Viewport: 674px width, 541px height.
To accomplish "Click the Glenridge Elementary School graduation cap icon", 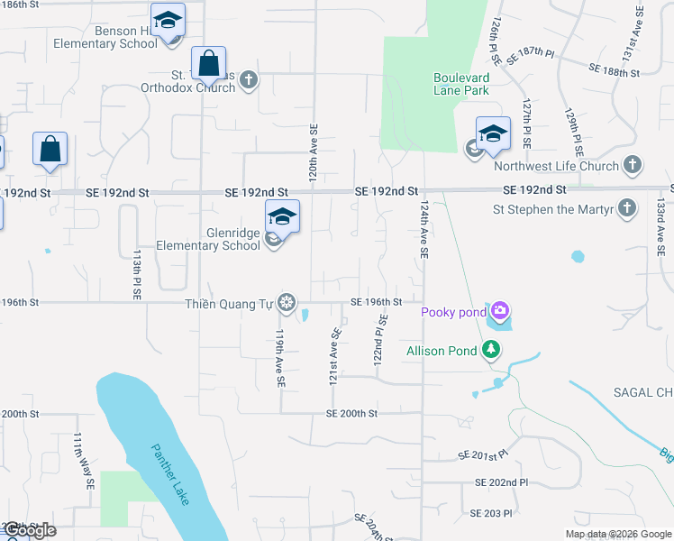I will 282,217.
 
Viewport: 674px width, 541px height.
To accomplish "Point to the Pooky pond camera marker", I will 498,312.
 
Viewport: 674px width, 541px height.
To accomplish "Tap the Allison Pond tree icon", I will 490,350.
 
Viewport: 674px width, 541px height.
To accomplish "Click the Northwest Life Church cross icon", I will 633,165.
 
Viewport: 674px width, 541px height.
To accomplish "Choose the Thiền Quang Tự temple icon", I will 287,302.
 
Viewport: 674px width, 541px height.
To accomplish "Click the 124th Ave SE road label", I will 423,231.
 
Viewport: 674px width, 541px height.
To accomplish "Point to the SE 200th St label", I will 351,413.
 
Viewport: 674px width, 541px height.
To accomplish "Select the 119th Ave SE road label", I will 280,358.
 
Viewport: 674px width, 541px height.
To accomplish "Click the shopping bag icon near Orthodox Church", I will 208,64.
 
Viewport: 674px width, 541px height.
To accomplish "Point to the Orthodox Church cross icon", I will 250,81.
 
